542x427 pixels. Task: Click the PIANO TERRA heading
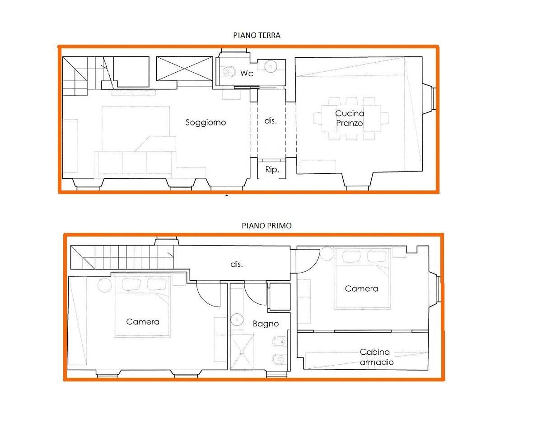pos(257,35)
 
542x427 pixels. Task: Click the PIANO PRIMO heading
pos(267,226)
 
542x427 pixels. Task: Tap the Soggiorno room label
pos(206,122)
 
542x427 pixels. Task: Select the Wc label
pos(247,73)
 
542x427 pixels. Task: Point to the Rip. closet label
pos(272,170)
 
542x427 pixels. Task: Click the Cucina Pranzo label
pos(350,118)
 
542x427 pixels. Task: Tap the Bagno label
pos(266,324)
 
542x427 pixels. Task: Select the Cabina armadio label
pos(376,357)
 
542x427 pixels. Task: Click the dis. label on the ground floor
pos(271,121)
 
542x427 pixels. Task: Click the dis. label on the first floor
pos(237,265)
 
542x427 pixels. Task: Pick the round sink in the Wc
pos(271,66)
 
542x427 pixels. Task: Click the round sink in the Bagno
pos(237,320)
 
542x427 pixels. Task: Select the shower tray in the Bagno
pos(242,352)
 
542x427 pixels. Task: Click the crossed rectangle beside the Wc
pos(184,69)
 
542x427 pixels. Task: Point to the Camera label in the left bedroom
pos(143,322)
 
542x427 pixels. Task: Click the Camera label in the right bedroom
pos(361,288)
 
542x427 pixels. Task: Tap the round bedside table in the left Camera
pos(104,285)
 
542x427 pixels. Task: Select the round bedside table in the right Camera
pos(327,254)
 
